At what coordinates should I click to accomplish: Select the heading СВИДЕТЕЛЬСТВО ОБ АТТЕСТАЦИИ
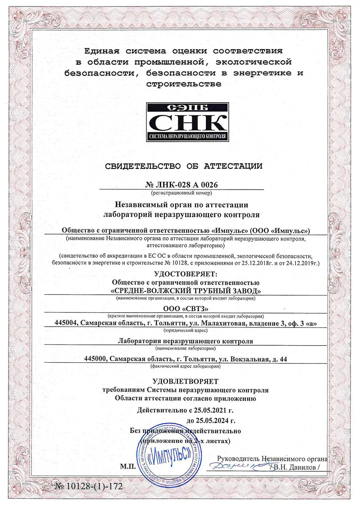(183, 166)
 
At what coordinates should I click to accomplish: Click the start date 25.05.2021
(206, 410)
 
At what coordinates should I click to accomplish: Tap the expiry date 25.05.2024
(211, 421)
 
